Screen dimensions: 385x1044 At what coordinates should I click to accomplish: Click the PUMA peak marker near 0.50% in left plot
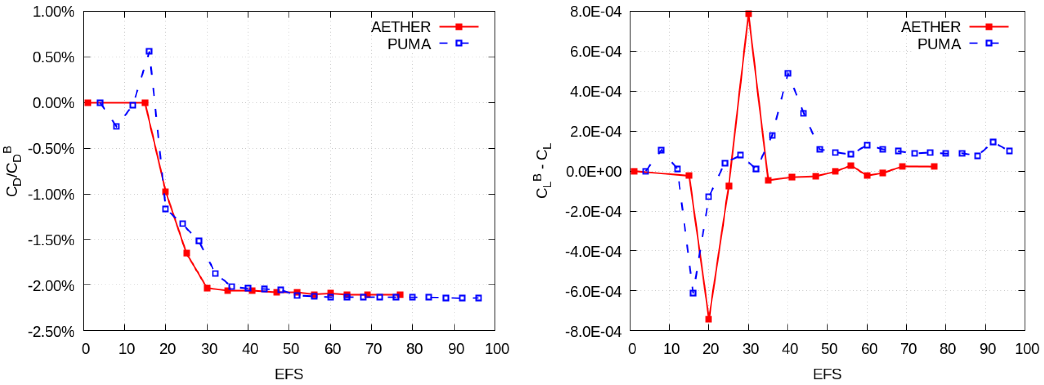pyautogui.click(x=149, y=51)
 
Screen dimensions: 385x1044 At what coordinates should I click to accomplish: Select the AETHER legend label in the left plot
pyautogui.click(x=401, y=27)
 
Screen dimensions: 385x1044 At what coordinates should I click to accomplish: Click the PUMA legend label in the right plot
pyautogui.click(x=939, y=44)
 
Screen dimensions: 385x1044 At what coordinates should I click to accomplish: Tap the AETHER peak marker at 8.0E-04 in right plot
pyautogui.click(x=749, y=14)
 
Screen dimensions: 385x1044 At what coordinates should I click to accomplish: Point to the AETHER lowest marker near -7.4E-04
pyautogui.click(x=708, y=319)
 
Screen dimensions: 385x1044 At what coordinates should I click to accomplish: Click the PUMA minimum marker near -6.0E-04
pyautogui.click(x=693, y=293)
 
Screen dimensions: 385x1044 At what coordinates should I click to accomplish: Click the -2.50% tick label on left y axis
pyautogui.click(x=52, y=332)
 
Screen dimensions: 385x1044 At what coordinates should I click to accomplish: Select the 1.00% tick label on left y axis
pyautogui.click(x=54, y=12)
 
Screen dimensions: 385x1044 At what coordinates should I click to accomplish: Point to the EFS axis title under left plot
pyautogui.click(x=289, y=374)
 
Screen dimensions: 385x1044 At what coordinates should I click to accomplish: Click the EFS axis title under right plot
pyautogui.click(x=827, y=374)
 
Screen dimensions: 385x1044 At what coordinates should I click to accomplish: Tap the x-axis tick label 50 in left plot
pyautogui.click(x=291, y=349)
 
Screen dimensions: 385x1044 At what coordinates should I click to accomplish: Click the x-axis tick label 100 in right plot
pyautogui.click(x=1026, y=349)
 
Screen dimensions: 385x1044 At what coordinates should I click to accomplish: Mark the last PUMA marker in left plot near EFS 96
pyautogui.click(x=478, y=298)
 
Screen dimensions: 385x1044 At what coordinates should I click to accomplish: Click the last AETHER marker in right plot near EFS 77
pyautogui.click(x=934, y=166)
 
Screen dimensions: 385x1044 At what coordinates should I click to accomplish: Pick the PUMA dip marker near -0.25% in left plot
pyautogui.click(x=116, y=126)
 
